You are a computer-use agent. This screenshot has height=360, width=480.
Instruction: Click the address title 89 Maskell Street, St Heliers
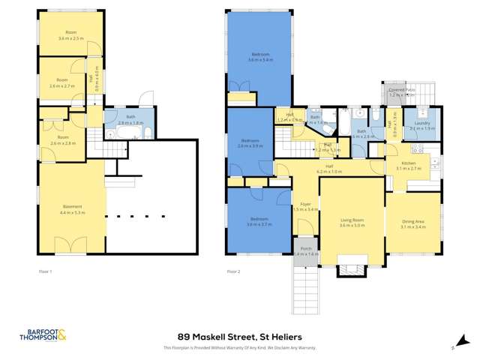tap(239, 337)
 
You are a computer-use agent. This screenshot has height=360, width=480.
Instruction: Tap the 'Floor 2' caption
tap(234, 270)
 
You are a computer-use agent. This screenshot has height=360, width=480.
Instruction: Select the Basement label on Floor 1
tap(71, 207)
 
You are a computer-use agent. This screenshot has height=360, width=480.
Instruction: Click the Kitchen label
tap(409, 166)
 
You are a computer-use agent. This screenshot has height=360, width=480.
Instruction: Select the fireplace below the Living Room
tap(351, 264)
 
